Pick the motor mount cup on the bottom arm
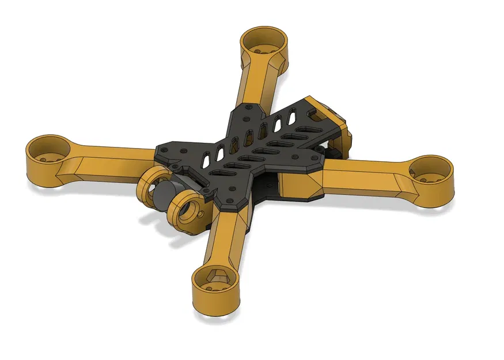(x=216, y=282)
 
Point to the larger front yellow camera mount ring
(x=187, y=207)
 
